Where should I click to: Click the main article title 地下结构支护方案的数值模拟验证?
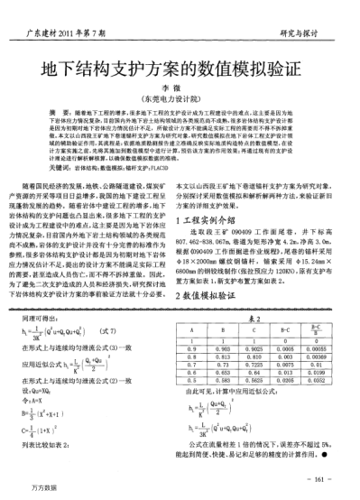point(180,70)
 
